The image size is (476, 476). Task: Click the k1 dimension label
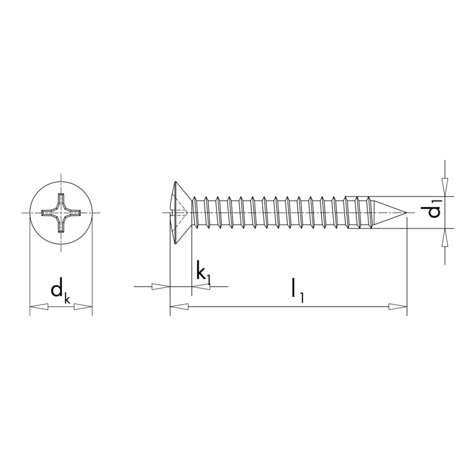tap(203, 274)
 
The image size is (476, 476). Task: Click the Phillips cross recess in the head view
tap(61, 212)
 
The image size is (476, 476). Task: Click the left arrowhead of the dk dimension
tap(39, 307)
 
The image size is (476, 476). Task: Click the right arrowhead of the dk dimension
tap(84, 307)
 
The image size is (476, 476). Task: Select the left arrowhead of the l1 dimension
tap(179, 307)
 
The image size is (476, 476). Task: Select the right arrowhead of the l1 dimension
tap(398, 307)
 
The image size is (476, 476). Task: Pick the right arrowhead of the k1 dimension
tap(201, 287)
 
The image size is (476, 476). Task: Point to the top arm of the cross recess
tap(61, 199)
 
